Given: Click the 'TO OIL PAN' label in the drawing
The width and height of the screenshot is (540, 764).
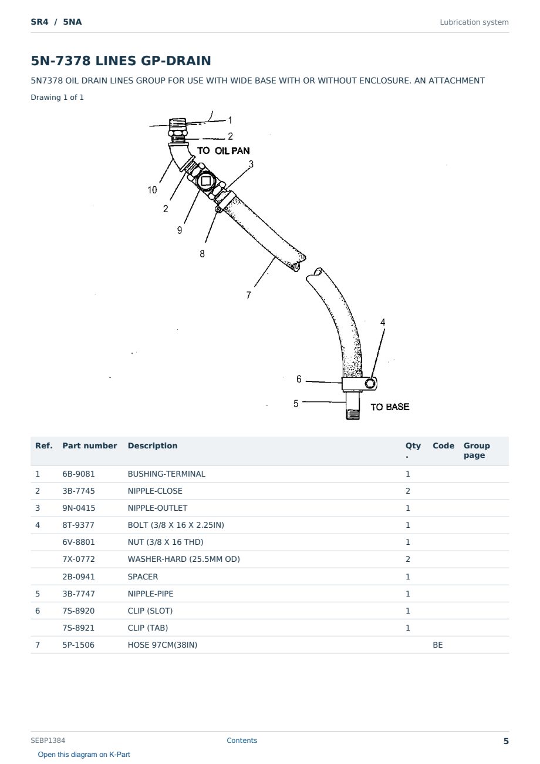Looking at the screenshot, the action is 223,150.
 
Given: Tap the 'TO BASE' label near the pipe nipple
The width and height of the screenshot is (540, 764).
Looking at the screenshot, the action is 390,407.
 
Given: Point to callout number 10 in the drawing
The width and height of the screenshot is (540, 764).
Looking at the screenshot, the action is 152,190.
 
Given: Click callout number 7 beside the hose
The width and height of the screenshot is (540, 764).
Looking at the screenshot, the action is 248,295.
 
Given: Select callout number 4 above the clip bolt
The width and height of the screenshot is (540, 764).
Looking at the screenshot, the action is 383,322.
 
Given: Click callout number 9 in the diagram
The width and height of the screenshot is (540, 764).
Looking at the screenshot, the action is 180,230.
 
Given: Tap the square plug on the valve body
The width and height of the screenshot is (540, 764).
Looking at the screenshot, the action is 205,181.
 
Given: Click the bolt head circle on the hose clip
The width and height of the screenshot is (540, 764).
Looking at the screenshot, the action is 370,383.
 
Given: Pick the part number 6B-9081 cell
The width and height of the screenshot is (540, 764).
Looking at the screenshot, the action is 79,474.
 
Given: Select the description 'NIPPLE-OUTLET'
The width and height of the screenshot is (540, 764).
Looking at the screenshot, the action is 157,508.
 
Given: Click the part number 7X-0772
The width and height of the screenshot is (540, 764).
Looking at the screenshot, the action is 79,559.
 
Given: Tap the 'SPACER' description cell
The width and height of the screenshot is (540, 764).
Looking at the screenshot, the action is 143,577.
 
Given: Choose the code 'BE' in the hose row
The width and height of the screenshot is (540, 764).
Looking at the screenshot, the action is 438,645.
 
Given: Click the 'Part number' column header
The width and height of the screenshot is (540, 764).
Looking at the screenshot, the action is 90,445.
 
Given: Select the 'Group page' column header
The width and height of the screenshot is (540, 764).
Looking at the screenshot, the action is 477,450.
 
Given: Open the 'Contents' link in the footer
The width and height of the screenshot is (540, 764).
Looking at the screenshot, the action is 242,740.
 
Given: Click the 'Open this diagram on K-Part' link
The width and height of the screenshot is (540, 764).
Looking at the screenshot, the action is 84,754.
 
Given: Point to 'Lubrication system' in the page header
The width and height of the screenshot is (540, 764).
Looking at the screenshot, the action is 474,22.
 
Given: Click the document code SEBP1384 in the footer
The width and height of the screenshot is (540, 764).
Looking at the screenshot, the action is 48,740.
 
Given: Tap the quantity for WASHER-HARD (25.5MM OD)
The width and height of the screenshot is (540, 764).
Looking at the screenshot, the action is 408,559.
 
